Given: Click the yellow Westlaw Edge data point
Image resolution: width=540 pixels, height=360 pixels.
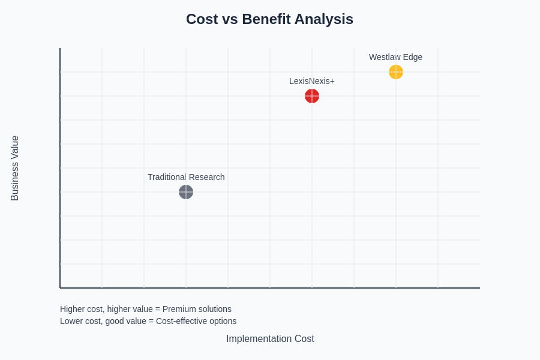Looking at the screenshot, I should (396, 72).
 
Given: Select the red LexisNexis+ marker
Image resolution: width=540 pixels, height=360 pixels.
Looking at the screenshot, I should (312, 96).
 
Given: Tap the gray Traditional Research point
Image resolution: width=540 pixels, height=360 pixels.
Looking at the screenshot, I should (186, 192).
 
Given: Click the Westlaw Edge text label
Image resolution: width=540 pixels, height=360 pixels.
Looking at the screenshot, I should (395, 57).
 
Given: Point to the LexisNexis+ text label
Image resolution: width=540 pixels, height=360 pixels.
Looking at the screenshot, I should (311, 81).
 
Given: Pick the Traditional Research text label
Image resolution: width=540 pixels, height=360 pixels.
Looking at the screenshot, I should (186, 177).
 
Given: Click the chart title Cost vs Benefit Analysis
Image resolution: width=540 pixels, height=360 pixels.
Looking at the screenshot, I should (269, 19).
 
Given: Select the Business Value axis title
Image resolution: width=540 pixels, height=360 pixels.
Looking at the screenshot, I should (15, 168).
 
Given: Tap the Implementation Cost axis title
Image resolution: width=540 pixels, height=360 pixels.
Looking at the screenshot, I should (270, 338).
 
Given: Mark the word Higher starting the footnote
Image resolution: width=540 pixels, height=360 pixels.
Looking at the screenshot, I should (73, 309).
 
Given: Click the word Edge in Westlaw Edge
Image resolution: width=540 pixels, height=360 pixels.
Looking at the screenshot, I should (412, 57).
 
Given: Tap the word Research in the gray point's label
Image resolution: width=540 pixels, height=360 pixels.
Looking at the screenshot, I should (205, 177).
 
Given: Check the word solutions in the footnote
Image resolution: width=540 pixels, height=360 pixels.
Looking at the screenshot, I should (214, 309).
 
